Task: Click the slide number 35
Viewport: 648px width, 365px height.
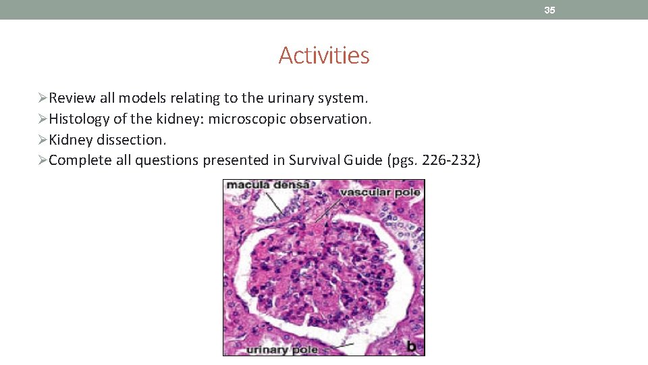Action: pos(549,10)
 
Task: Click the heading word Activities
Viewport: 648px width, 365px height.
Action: pos(324,55)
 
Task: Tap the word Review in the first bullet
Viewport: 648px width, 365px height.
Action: pos(72,98)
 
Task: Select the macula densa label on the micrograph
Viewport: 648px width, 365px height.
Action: pos(258,185)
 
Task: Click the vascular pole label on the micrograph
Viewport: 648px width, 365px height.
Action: pos(380,192)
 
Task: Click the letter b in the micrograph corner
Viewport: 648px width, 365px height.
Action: pos(411,347)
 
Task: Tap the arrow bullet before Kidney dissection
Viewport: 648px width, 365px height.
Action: pos(43,140)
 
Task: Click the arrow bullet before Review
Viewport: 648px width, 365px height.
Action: pos(43,98)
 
